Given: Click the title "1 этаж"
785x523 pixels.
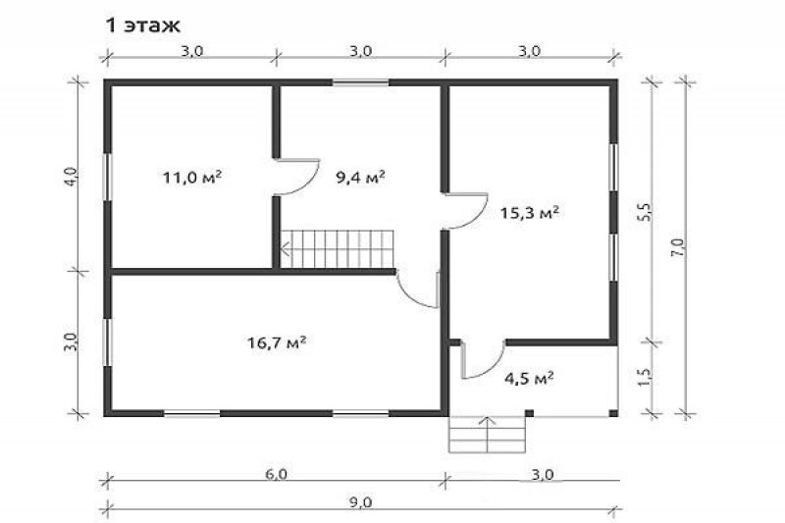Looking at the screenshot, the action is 143,26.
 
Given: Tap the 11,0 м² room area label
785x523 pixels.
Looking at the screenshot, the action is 192,178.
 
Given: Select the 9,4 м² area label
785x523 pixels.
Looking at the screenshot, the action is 360,177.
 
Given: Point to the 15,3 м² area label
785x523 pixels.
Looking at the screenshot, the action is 530,213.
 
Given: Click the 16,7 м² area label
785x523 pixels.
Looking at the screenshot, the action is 277,342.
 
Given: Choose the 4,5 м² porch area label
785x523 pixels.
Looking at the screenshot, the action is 529,378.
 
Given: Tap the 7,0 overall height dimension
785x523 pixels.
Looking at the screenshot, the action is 678,248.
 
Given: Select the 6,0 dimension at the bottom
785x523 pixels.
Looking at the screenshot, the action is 276,474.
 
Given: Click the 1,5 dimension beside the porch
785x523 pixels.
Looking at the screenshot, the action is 645,377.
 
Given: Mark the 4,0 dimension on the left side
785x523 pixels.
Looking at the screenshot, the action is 72,177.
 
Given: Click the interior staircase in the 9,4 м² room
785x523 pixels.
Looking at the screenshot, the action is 338,248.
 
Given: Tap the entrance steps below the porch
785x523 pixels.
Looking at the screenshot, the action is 488,434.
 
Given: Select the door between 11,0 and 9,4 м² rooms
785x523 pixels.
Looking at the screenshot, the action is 297,177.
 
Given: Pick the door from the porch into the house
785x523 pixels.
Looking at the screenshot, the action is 482,359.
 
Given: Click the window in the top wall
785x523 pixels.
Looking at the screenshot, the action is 361,82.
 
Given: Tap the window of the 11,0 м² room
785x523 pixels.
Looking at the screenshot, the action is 107,177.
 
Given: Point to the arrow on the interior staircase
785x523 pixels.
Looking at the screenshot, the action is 287,248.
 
